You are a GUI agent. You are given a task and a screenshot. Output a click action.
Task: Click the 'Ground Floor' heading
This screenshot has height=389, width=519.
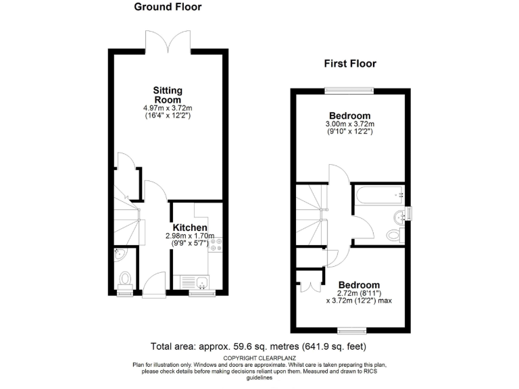pos(168,7)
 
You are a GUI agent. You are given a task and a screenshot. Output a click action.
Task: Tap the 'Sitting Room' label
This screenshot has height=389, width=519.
pos(168,95)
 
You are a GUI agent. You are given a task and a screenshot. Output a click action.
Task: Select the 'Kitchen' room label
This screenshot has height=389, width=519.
pos(189,228)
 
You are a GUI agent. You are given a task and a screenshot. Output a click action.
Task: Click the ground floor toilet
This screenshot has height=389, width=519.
pos(125,278)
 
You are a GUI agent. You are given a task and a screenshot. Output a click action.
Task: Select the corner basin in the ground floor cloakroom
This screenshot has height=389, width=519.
pos(119,255)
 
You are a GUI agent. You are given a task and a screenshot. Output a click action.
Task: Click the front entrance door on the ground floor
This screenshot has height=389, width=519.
pos(154,284)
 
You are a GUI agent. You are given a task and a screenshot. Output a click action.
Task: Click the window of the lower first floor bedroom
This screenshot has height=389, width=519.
pos(351,330)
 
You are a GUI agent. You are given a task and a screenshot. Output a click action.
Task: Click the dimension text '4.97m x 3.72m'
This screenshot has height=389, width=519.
pos(168,108)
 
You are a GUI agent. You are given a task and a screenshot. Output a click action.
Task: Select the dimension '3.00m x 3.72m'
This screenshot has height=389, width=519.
pos(350,124)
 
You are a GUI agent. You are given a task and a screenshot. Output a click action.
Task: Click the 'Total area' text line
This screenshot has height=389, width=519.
pos(259,346)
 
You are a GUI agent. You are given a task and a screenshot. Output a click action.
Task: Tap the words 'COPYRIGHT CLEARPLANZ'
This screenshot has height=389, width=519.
pos(259,357)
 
